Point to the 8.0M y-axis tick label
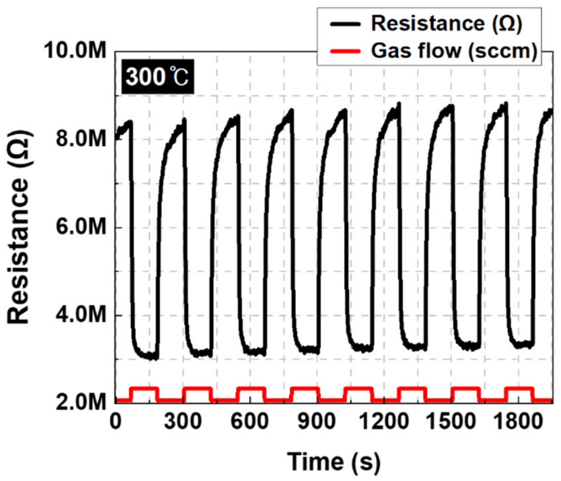[x=81, y=138]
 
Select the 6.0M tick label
[x=81, y=227]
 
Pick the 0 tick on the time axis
[x=115, y=422]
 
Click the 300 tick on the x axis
[x=183, y=422]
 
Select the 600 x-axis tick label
[x=249, y=422]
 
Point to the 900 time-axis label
[x=317, y=422]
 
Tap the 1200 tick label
[x=384, y=422]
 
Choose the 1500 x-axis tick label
[x=451, y=422]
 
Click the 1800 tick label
[x=518, y=422]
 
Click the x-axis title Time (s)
[x=334, y=461]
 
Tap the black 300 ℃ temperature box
[x=157, y=77]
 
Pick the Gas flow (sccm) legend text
[x=454, y=51]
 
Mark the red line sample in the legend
[x=345, y=51]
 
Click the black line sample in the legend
[x=345, y=24]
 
